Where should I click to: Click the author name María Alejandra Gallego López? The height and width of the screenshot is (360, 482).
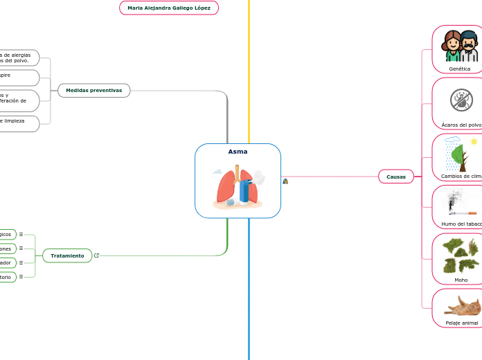[x=169, y=8]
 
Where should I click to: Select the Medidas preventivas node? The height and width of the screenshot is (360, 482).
[x=93, y=90]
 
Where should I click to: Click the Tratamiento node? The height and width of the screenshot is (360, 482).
[x=67, y=255]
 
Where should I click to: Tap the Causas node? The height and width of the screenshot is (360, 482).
[x=396, y=177]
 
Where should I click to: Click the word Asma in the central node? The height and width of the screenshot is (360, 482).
[x=238, y=152]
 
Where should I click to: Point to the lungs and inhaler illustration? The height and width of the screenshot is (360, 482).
[x=238, y=186]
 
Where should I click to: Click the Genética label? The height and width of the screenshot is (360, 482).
[x=459, y=69]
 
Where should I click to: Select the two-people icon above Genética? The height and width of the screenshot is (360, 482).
[x=461, y=46]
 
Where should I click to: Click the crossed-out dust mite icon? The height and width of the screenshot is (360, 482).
[x=461, y=100]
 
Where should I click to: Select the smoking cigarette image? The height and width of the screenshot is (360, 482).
[x=461, y=203]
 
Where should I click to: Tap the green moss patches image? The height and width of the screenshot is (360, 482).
[x=461, y=255]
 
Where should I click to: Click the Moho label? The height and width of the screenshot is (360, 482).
[x=461, y=280]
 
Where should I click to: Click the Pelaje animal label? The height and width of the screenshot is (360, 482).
[x=461, y=323]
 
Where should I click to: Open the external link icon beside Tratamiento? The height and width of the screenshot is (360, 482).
[x=96, y=255]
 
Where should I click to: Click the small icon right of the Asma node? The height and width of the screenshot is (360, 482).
[x=285, y=181]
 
